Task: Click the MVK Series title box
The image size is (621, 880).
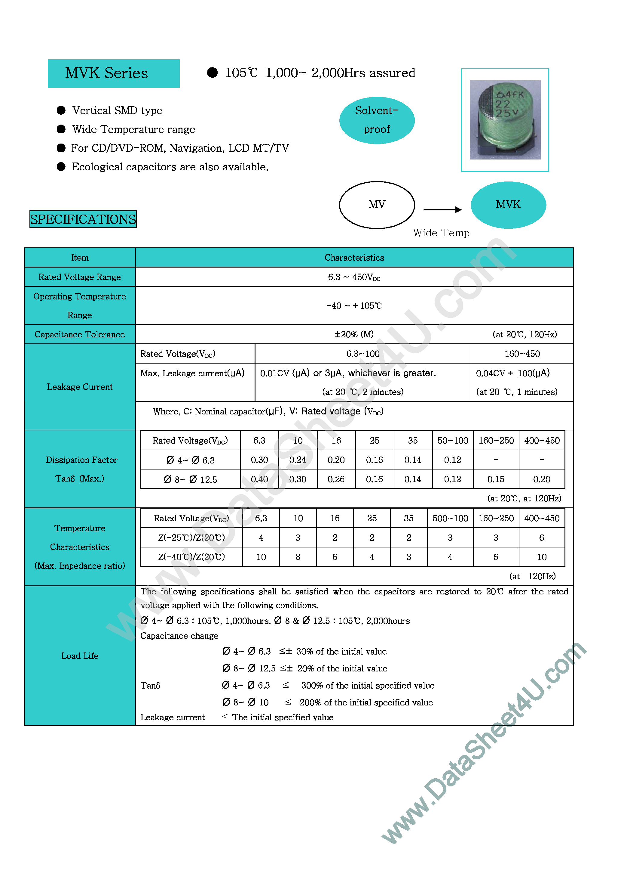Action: coord(114,73)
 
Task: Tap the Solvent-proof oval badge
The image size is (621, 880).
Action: coord(377,120)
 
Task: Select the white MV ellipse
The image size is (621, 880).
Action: coord(377,205)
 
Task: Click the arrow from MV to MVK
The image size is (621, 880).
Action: coord(442,210)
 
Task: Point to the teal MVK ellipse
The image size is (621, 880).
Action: coord(508,205)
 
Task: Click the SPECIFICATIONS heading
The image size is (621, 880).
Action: coord(83,219)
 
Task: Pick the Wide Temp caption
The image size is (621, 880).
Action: coord(441,233)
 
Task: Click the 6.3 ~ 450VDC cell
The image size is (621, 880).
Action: coord(354,277)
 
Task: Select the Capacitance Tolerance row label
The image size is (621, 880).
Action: coord(80,335)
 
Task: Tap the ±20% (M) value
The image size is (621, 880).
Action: coord(354,335)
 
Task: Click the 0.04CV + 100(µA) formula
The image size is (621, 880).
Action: coord(513,373)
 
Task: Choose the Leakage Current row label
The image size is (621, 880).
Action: coord(80,387)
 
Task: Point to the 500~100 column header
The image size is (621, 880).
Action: coord(450,519)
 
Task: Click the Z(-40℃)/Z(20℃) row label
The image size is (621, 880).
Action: coord(191,557)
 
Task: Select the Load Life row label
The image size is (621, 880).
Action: coord(80,656)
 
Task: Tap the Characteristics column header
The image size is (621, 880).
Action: coord(354,258)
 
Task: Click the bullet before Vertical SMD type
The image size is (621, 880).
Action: coord(61,110)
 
